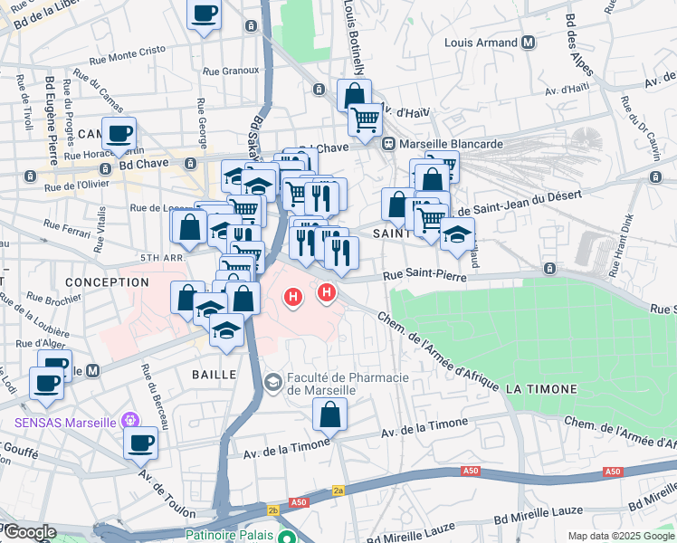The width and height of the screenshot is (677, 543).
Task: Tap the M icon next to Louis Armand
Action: point(528,43)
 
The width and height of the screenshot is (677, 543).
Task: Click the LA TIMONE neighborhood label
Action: point(541,389)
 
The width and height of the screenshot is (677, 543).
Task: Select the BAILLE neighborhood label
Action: point(215,374)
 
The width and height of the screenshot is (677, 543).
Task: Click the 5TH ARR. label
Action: point(163,258)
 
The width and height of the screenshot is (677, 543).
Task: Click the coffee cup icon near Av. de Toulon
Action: point(141,443)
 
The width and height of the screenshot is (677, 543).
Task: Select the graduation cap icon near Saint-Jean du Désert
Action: point(457,234)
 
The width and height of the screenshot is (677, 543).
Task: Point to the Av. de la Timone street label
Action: point(424,428)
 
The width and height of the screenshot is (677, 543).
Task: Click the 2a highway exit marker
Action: point(338,489)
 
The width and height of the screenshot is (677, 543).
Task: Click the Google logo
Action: point(29,532)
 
